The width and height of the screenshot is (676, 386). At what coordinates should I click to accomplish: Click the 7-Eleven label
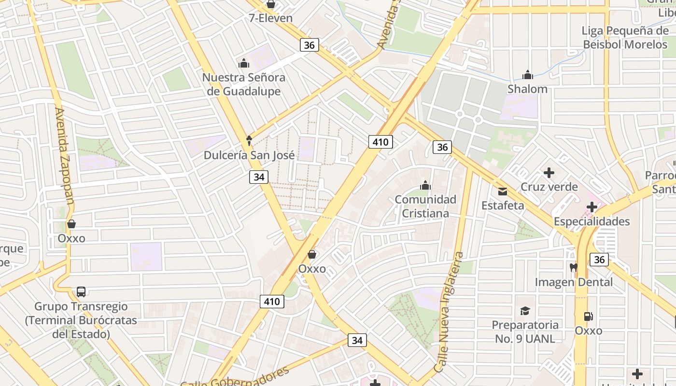[271, 18]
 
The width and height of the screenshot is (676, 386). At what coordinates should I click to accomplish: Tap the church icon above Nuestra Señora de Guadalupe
[243, 63]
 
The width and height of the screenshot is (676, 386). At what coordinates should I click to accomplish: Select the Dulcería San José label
[249, 155]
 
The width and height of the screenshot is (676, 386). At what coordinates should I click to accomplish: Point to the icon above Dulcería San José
[249, 140]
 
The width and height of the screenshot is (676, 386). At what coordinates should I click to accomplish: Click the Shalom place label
[527, 89]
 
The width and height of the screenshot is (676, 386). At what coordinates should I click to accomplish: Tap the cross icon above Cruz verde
[549, 173]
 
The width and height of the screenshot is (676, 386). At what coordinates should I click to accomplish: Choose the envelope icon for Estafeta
[503, 192]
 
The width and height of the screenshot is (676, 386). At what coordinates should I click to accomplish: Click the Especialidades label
[591, 222]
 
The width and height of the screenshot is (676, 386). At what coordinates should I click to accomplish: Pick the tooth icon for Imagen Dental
[574, 267]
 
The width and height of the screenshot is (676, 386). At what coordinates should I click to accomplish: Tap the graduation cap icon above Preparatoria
[525, 311]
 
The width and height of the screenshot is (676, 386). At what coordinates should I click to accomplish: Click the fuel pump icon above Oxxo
[588, 317]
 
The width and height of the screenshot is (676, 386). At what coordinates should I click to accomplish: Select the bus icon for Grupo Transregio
[81, 292]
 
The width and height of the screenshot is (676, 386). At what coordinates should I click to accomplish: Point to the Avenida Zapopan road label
[64, 155]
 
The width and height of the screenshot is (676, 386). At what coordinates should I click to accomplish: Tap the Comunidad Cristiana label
[425, 207]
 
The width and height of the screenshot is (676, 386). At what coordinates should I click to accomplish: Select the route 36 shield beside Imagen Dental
[599, 260]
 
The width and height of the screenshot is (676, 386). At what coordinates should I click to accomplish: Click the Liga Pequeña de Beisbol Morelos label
[625, 38]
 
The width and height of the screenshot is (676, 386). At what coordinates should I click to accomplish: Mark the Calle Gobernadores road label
[235, 377]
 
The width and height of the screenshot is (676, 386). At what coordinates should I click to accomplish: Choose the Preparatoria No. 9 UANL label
[525, 332]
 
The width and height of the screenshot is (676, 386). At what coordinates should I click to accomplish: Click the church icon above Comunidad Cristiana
[425, 185]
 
